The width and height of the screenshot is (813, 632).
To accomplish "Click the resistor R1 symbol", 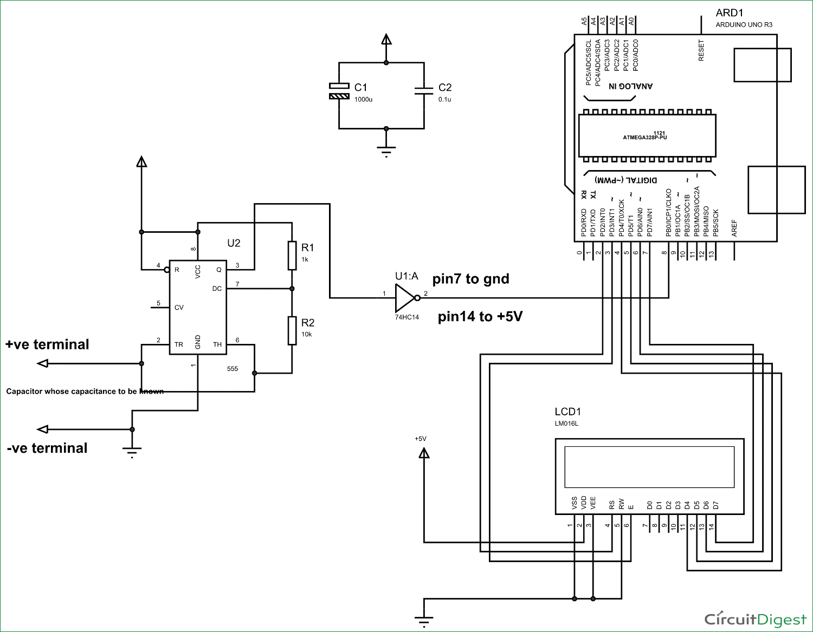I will tap(292, 255).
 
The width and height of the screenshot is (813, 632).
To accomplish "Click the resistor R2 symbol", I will tap(292, 330).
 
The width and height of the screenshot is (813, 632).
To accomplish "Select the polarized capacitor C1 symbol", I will tap(339, 91).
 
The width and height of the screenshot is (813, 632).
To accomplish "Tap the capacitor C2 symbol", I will tap(424, 91).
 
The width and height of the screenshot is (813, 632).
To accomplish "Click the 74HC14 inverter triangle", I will tap(405, 297).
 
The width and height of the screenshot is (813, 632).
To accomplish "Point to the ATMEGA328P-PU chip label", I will tap(645, 137).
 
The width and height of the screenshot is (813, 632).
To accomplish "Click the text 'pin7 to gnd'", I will tap(470, 279).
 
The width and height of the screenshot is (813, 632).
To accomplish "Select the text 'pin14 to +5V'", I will tap(480, 316).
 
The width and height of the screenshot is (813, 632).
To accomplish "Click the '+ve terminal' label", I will tap(47, 344).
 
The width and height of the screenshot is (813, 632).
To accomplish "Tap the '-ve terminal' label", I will tap(47, 448).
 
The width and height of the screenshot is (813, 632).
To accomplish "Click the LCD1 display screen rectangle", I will tap(649, 467).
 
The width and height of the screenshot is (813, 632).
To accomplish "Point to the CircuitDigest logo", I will tap(755, 619).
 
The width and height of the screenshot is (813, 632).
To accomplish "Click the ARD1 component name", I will tap(730, 13).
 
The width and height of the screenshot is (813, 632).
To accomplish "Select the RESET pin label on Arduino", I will tap(701, 50).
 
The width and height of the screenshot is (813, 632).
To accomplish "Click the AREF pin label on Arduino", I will tap(734, 228).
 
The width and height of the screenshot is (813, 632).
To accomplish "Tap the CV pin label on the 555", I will tap(179, 308).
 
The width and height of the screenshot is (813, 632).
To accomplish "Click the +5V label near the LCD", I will tap(421, 439).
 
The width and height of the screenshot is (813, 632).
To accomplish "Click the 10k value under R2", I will tap(306, 335).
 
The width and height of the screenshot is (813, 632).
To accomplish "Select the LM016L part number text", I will tap(566, 423).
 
